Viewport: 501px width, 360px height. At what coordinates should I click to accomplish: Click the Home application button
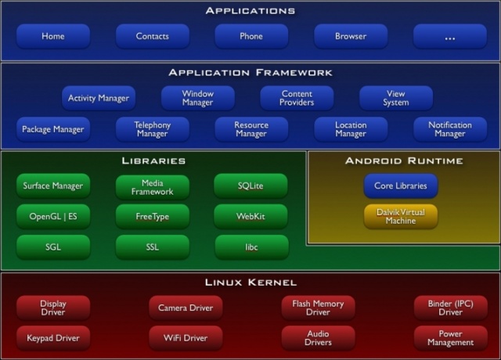pos(53,36)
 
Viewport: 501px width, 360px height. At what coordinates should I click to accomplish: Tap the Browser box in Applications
pos(351,36)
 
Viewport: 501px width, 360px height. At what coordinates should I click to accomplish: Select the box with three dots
pos(450,36)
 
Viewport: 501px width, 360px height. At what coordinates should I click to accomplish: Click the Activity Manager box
pos(99,98)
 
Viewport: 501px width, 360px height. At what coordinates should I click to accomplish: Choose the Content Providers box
pos(297,98)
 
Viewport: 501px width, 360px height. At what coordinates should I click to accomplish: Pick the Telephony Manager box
pos(153,129)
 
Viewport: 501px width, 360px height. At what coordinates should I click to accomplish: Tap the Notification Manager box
pos(450,129)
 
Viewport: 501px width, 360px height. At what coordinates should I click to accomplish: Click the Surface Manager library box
pos(53,185)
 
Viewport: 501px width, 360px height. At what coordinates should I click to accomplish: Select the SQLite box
pos(250,185)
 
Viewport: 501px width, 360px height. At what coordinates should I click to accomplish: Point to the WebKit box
pos(250,216)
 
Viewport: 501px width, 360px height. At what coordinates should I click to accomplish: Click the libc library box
pos(252,247)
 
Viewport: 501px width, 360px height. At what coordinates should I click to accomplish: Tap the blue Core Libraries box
pos(401,185)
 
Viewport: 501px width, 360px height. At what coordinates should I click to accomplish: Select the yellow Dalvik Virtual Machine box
pos(401,216)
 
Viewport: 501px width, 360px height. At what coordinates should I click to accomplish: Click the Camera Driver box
pos(186,308)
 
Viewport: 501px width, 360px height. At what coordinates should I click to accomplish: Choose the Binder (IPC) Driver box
pos(451,308)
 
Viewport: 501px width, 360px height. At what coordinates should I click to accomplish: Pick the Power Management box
pos(451,338)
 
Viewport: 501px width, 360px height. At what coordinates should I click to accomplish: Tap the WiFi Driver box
pos(186,338)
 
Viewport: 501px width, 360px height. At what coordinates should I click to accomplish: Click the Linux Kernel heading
pos(250,283)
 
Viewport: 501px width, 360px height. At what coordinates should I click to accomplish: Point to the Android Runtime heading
pos(404,160)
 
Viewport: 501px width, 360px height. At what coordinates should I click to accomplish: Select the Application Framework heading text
pos(250,73)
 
